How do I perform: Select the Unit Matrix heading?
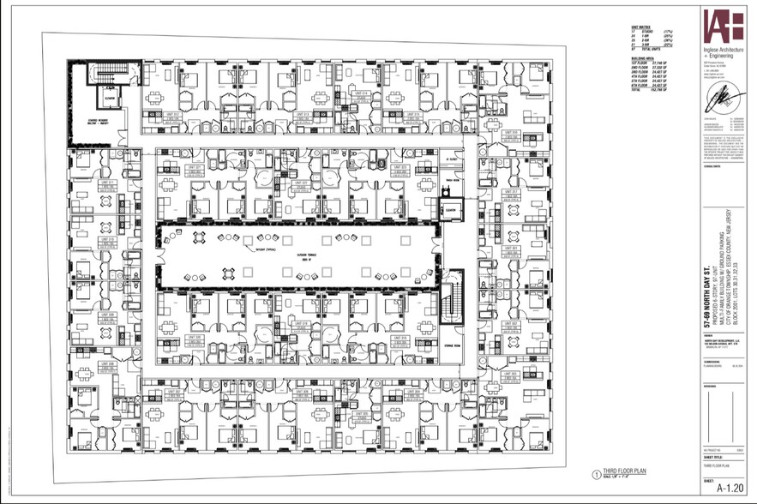(637, 27)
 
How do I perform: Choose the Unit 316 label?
(509, 133)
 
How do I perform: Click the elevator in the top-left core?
(111, 97)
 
